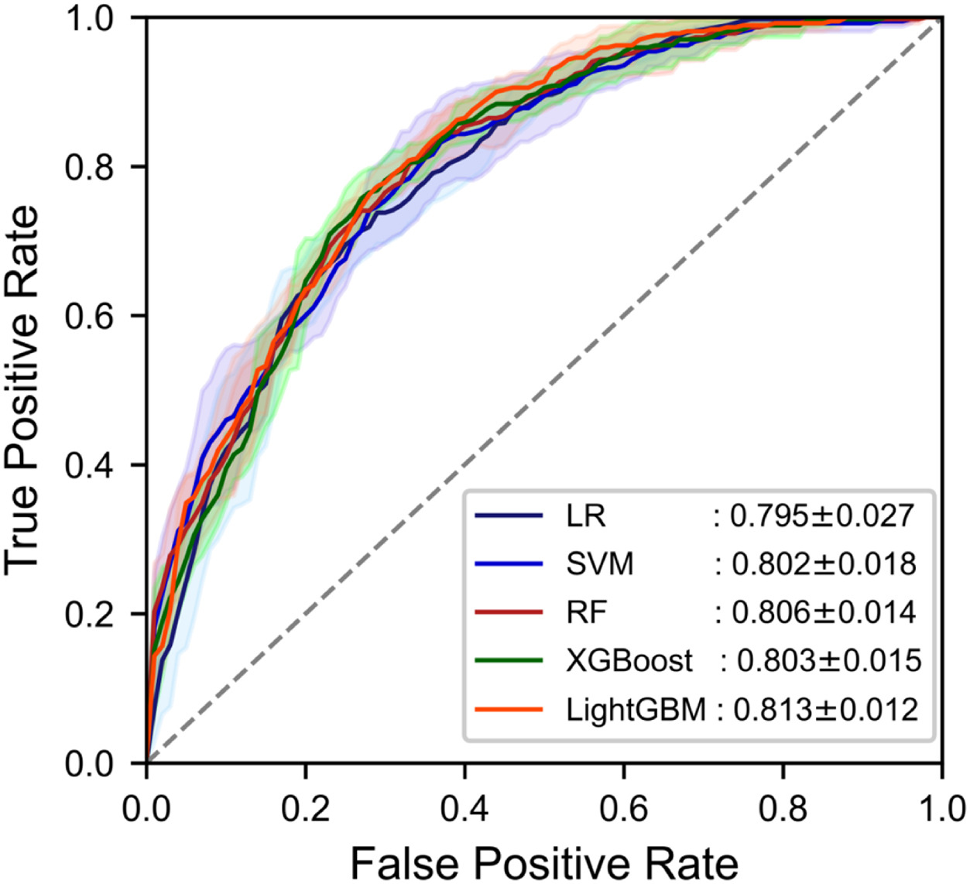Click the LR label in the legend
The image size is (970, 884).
click(x=585, y=516)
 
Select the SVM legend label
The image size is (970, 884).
click(x=599, y=564)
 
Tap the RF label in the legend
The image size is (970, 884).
click(x=586, y=612)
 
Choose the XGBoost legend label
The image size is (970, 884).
click(x=629, y=660)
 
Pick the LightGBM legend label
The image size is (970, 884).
click(x=636, y=709)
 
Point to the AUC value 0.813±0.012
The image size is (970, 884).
click(x=825, y=709)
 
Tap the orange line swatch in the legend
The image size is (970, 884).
click(x=509, y=709)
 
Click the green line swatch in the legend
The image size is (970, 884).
click(x=509, y=660)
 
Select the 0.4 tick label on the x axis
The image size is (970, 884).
click(x=465, y=808)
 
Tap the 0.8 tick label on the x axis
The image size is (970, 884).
click(x=783, y=808)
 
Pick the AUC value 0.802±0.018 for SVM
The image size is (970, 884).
click(x=824, y=564)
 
